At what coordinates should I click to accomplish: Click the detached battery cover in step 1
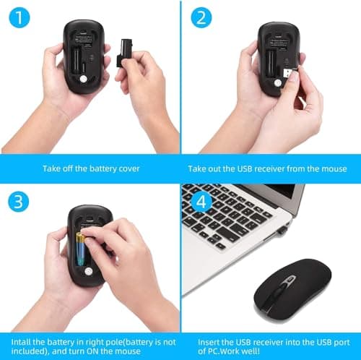124,52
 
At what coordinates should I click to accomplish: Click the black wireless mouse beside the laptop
294,286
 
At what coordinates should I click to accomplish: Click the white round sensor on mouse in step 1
84,80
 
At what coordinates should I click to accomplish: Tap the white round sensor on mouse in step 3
88,270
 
